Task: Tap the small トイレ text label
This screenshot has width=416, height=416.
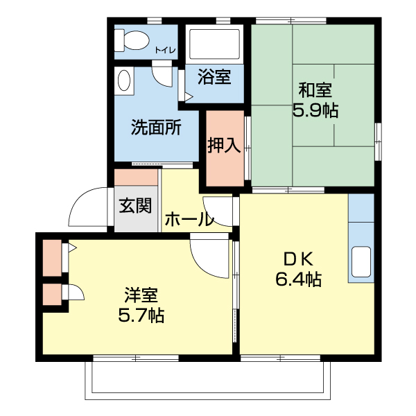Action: pos(165,49)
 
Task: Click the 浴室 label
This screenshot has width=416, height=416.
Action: pos(214,77)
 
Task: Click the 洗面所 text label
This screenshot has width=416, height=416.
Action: pos(157,128)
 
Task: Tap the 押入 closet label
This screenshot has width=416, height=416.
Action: pos(224,146)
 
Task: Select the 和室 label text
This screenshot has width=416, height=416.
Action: pos(315,90)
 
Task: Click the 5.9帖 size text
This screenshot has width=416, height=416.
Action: pos(315,111)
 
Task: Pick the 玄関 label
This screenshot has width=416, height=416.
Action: pos(135,205)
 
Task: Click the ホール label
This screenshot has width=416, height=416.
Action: pos(188,220)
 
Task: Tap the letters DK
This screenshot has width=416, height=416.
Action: pos(299,259)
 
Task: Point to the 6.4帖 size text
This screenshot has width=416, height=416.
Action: pos(298,279)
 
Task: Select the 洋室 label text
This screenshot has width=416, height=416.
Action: pos(141,295)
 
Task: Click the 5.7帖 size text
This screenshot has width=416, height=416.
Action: pos(141,316)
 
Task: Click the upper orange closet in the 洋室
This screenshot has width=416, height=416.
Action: pos(51,256)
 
